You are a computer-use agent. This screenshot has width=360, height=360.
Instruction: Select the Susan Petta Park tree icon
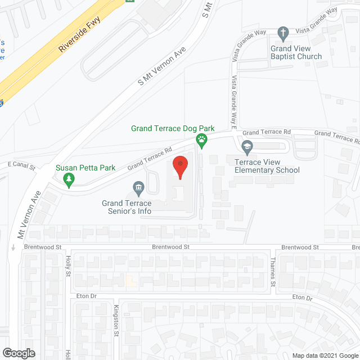[69, 180]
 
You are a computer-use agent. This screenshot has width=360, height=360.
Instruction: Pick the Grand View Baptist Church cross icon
[283, 33]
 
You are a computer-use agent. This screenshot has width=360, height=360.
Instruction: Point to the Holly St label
[67, 265]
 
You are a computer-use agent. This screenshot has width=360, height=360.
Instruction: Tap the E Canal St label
[21, 167]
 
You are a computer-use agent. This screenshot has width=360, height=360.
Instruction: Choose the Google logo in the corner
[18, 353]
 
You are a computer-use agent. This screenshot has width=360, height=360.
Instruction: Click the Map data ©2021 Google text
[324, 355]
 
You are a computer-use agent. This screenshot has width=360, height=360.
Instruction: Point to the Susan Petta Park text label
[85, 168]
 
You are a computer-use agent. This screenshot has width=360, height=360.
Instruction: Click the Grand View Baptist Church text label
[296, 52]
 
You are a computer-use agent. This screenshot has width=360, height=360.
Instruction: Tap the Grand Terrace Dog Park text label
[169, 128]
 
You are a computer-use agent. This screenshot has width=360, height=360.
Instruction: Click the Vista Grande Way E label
[233, 101]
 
